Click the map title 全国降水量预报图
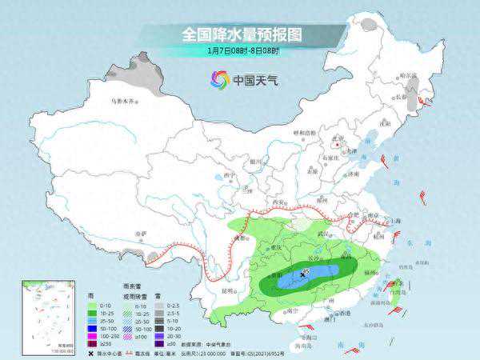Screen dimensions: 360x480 click(x=240, y=34)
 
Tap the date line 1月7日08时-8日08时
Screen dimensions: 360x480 click(x=240, y=50)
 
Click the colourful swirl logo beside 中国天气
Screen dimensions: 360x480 click(x=219, y=79)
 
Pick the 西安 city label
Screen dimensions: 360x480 click(x=282, y=202)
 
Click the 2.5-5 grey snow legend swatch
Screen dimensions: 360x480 click(x=159, y=314)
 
